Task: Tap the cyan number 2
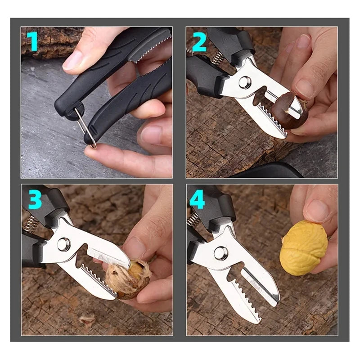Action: point(198,42)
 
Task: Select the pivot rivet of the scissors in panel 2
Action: point(244,82)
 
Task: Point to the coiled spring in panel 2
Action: point(218,57)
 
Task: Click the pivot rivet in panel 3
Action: point(64,244)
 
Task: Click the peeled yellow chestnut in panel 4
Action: point(303,247)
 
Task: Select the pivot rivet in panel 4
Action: point(221,253)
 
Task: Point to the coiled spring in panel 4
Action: point(193,220)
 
